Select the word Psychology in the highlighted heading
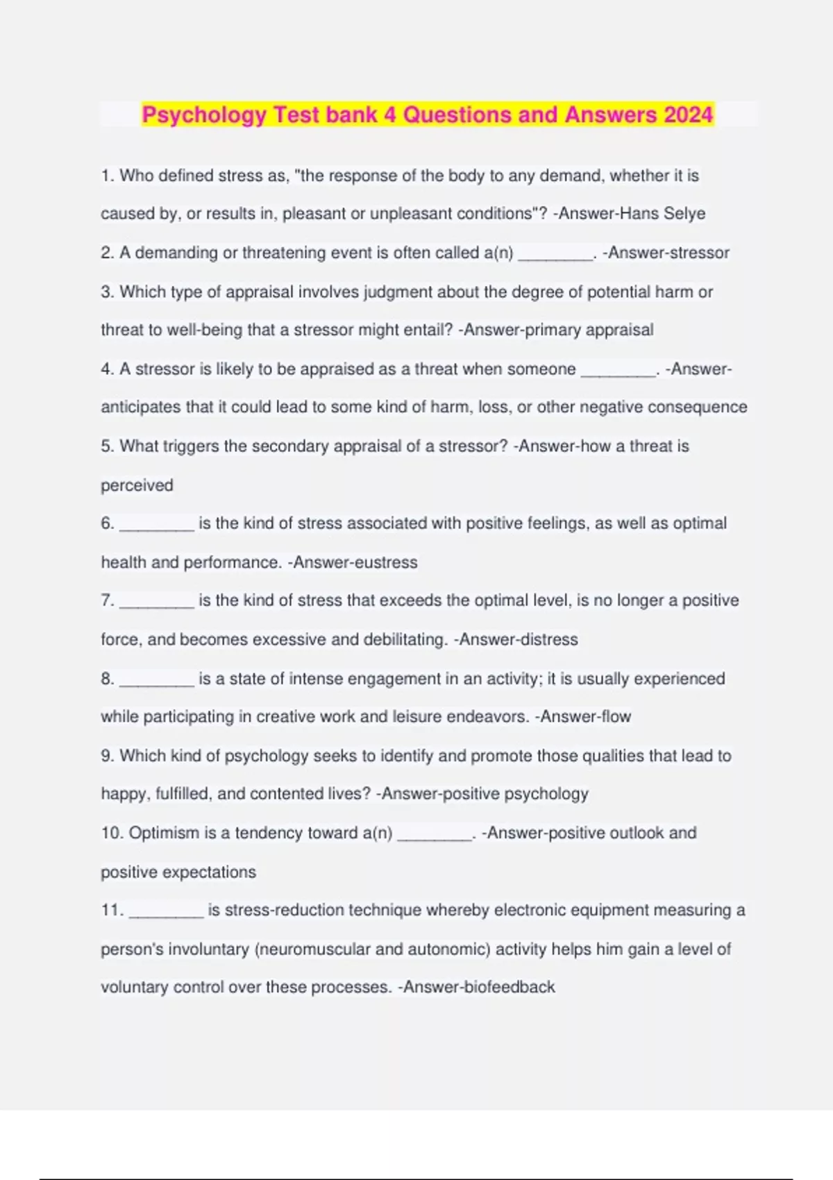204,115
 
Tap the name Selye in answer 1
684,214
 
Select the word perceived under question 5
137,485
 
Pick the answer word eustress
386,562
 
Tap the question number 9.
108,756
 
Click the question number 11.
112,910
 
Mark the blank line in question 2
556,258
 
